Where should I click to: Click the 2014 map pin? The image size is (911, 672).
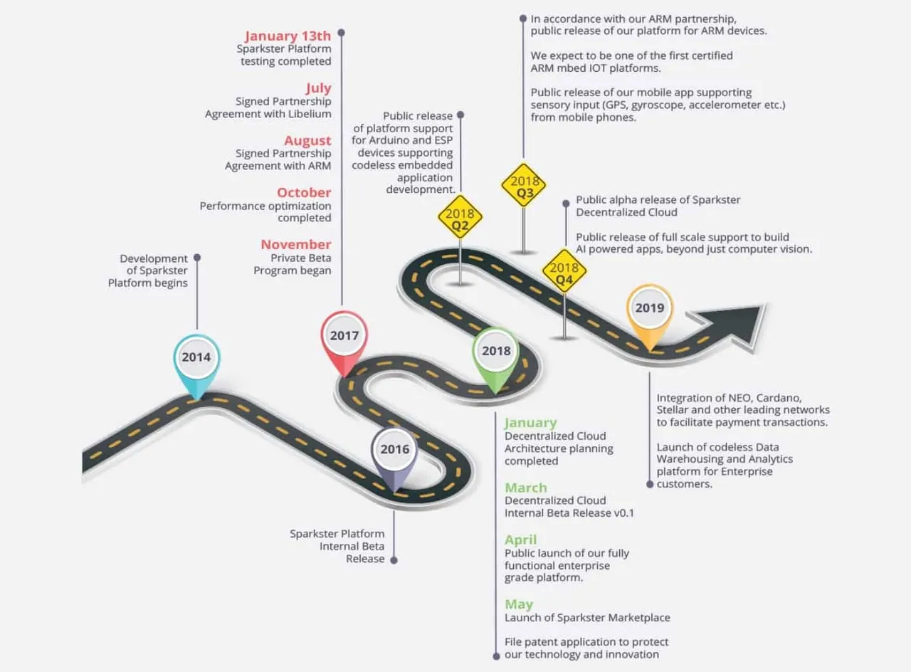click(197, 364)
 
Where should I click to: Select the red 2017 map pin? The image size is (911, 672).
click(344, 342)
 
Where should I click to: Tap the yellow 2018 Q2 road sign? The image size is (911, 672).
click(460, 218)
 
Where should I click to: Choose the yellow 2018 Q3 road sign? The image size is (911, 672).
click(524, 186)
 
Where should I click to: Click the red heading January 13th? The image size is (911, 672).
click(288, 36)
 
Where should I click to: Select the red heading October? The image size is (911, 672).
click(304, 192)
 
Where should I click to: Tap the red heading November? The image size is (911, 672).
click(296, 244)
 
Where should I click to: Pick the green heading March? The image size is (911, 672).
click(526, 488)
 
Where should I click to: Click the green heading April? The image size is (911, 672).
click(520, 540)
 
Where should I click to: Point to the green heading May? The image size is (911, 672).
click(519, 604)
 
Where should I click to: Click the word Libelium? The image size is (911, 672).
click(310, 114)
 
